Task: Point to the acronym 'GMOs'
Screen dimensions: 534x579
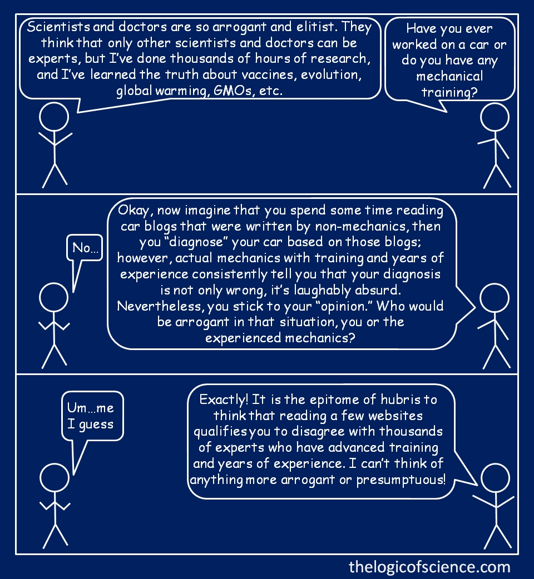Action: [x=233, y=91]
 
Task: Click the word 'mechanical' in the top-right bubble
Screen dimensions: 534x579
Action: [x=449, y=76]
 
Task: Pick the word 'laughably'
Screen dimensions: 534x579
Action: [x=322, y=291]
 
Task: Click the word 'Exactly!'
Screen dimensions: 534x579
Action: [x=224, y=400]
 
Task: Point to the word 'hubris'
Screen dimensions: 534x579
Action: [x=400, y=400]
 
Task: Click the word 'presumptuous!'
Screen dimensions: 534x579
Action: [x=401, y=480]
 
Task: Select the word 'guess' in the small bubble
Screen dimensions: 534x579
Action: [x=96, y=425]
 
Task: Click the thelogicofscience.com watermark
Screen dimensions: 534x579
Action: [x=429, y=567]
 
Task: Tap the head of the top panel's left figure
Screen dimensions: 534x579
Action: [x=54, y=117]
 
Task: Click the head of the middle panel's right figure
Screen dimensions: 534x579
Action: [x=495, y=298]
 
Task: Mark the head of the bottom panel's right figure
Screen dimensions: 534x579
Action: [x=495, y=478]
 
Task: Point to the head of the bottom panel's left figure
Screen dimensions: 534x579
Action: [x=55, y=478]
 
